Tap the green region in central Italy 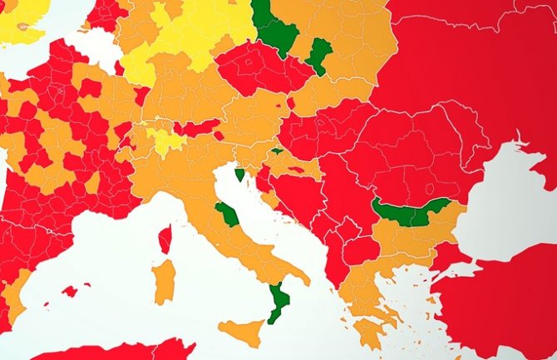coord(227,214)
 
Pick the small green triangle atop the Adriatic coord(240,175)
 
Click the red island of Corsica coord(165,239)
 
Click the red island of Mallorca coord(71,291)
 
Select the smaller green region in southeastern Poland coord(318,55)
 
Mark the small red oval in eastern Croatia coord(298,170)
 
